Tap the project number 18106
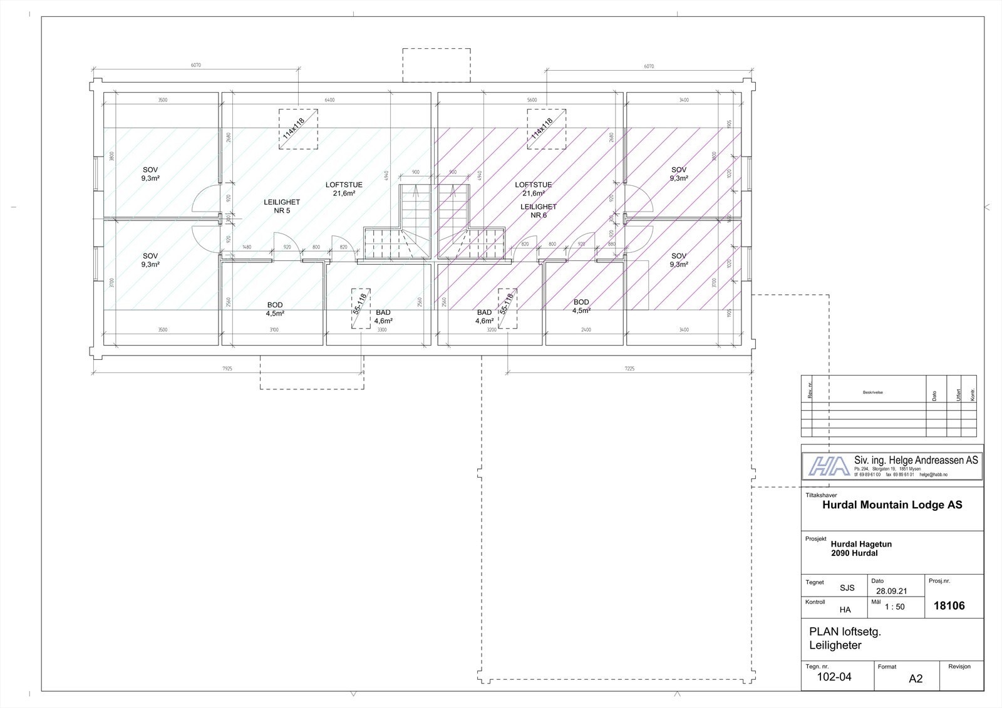[x=949, y=606]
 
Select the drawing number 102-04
[x=834, y=677]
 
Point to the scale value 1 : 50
[x=894, y=607]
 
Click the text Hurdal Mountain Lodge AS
[x=892, y=505]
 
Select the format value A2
[x=916, y=679]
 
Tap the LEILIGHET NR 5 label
[x=282, y=206]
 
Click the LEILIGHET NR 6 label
[x=538, y=210]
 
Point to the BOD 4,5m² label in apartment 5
[x=275, y=309]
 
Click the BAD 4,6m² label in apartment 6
[x=484, y=317]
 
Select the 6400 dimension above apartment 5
[x=330, y=100]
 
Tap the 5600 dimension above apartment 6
[x=532, y=100]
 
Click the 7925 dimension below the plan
[x=227, y=369]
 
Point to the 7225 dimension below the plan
[x=629, y=369]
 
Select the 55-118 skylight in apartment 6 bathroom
[x=507, y=308]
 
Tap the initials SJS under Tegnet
[x=847, y=588]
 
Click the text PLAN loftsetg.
[x=845, y=632]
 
